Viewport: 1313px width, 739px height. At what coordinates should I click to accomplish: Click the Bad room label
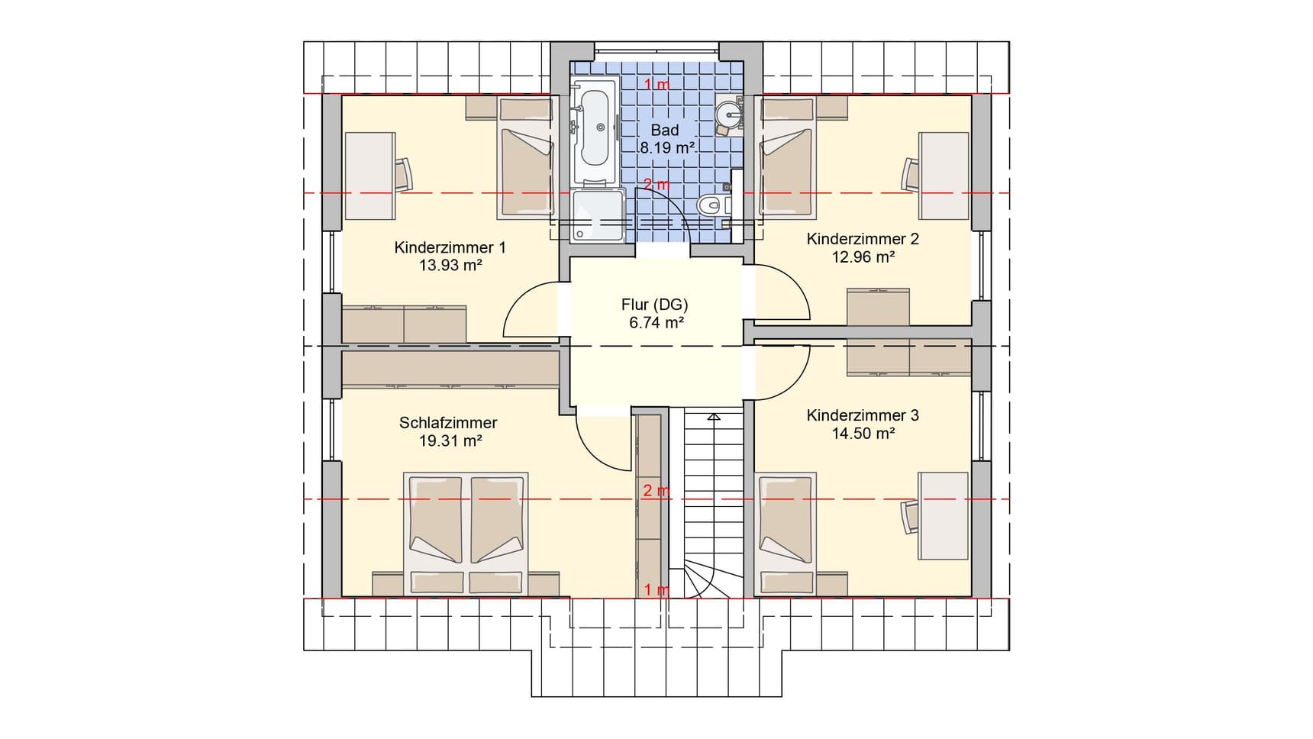pos(664,131)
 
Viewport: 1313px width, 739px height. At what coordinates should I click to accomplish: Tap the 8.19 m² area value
pos(667,148)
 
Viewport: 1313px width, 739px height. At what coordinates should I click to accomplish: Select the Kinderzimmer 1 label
pos(450,247)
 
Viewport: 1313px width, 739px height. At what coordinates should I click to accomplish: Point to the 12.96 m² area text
pos(863,257)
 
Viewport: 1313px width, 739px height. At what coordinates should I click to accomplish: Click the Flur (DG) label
pos(655,305)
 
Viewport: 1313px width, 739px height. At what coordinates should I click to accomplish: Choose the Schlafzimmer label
pos(448,422)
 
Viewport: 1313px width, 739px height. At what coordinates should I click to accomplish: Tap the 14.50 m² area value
pos(863,433)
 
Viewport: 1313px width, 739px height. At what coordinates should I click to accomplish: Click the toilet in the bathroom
pos(715,204)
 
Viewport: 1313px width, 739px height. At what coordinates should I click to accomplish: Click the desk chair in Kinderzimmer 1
pos(403,173)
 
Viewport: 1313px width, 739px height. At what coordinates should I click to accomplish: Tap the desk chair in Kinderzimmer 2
pos(911,174)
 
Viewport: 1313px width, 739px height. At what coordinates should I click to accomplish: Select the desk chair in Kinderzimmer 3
pos(910,517)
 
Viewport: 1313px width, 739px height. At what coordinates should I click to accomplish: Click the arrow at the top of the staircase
pos(713,418)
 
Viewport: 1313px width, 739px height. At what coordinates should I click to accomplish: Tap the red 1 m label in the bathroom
pos(656,84)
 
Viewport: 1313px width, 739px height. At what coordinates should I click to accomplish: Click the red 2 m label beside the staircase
pos(656,490)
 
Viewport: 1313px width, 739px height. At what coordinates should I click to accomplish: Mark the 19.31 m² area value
pos(450,440)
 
